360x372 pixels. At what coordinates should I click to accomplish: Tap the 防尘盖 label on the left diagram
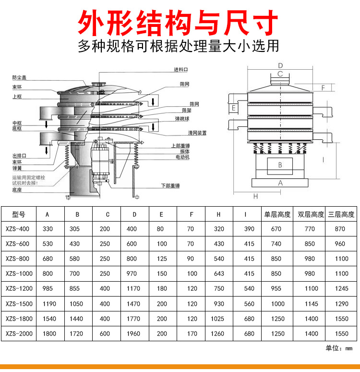click(20, 77)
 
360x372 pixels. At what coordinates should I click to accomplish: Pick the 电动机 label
click(182, 157)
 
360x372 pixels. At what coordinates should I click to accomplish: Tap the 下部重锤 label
click(170, 186)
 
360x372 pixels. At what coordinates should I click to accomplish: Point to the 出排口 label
click(19, 156)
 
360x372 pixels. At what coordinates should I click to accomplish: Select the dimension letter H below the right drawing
click(255, 196)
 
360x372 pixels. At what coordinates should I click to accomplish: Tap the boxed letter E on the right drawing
click(233, 108)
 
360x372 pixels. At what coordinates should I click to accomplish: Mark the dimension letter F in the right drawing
click(324, 87)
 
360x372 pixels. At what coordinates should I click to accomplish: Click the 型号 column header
click(18, 214)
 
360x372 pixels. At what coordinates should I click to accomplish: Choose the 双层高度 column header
click(311, 214)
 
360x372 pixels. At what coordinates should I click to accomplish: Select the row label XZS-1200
click(18, 288)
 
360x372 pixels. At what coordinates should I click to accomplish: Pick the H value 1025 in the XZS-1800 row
click(218, 318)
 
